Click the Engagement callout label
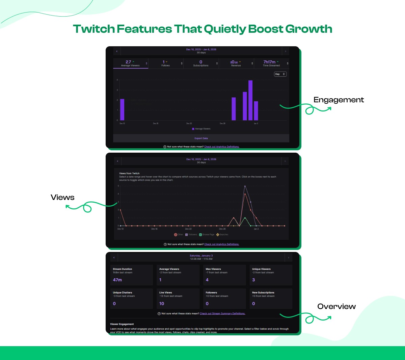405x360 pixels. (x=339, y=100)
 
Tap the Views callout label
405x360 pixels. (x=62, y=198)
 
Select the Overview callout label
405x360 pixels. (x=336, y=307)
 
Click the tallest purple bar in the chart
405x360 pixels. (x=250, y=100)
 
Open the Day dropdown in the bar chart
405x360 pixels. (x=280, y=74)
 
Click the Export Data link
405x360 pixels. (x=201, y=138)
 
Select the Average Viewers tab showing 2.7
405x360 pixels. (x=130, y=63)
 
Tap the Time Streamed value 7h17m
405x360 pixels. (x=269, y=62)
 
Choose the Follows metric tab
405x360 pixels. (x=165, y=63)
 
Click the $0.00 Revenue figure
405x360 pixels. (x=234, y=62)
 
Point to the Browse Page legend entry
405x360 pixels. (x=207, y=234)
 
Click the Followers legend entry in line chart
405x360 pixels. (x=191, y=234)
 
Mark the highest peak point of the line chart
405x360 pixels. (x=245, y=186)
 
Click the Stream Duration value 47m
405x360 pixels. (x=117, y=280)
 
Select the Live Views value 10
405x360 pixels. (x=162, y=304)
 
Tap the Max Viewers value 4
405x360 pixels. (x=207, y=280)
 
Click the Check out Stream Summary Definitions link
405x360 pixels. (x=222, y=314)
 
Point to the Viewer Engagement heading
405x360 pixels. (x=122, y=324)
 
